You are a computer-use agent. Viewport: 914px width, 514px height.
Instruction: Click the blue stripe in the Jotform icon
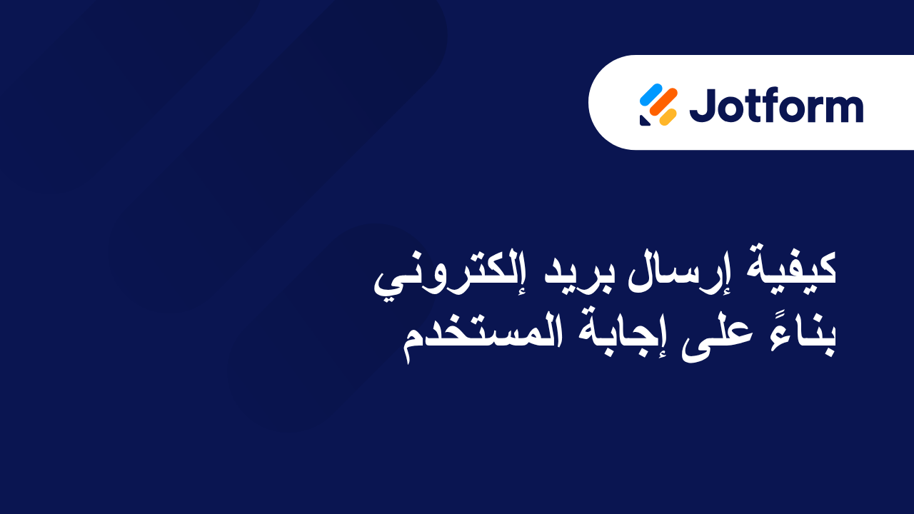(x=651, y=94)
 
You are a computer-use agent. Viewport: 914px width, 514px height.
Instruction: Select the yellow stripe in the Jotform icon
(x=668, y=117)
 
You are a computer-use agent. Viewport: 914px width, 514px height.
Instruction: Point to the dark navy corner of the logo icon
(x=644, y=121)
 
